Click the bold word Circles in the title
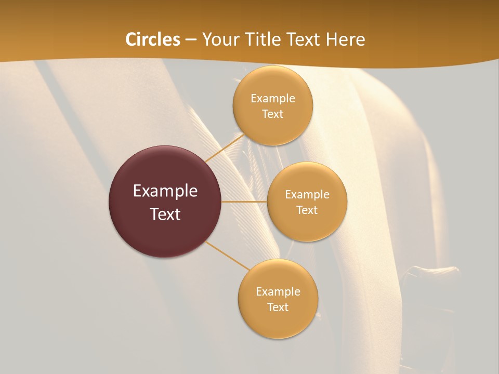(x=153, y=39)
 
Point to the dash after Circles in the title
(x=191, y=40)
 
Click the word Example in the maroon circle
(x=165, y=191)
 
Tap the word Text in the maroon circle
(x=165, y=214)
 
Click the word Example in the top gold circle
(x=273, y=99)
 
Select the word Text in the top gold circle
(x=273, y=114)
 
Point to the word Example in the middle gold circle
(x=307, y=195)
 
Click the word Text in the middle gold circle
(x=307, y=210)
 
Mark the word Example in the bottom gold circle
(x=278, y=292)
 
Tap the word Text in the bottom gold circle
(x=278, y=308)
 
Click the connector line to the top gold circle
(x=224, y=148)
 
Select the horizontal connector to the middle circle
(x=244, y=202)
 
